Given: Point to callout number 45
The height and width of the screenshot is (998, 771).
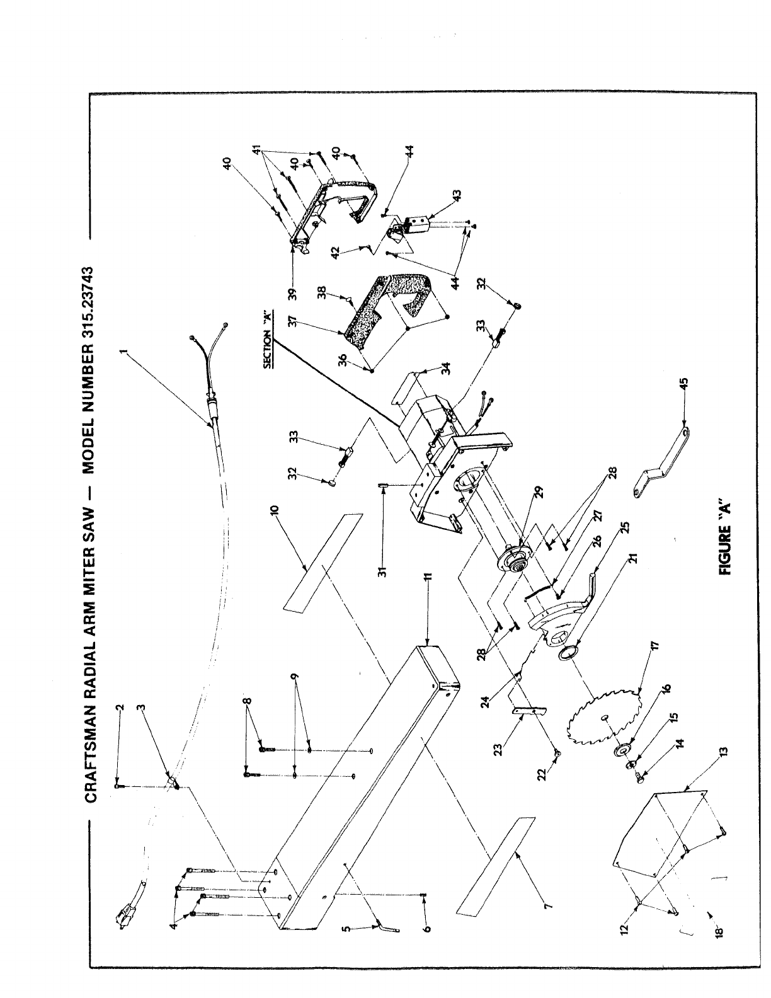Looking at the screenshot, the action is coord(687,382).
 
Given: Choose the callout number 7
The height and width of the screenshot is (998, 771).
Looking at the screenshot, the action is coord(547,907).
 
